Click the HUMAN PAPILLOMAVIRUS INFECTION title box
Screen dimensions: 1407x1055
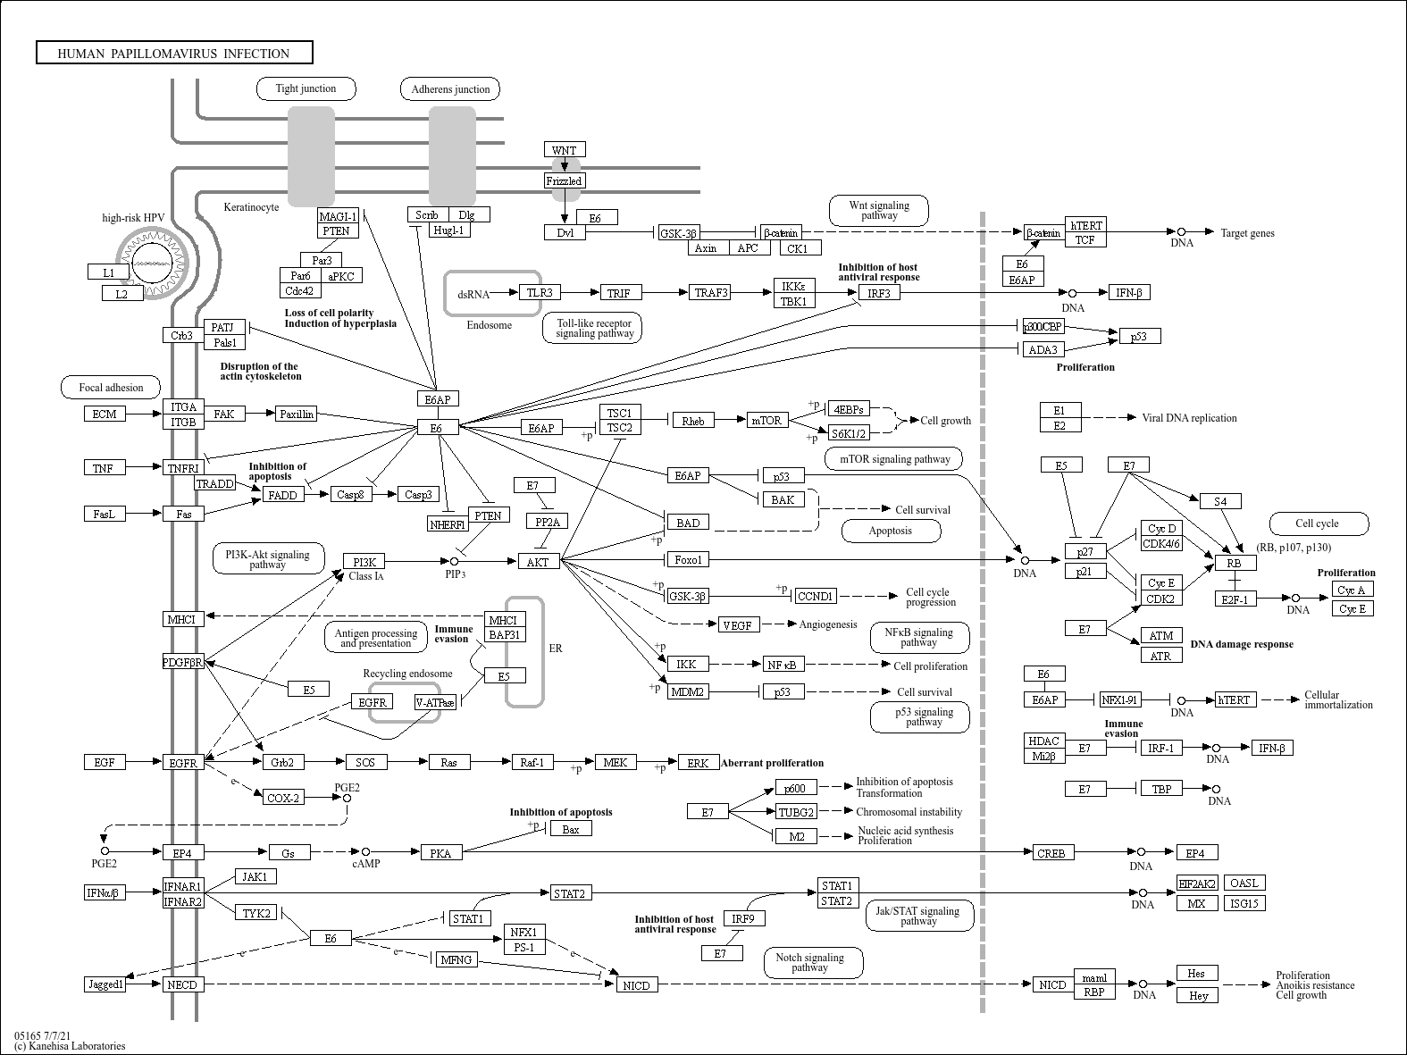click(x=174, y=53)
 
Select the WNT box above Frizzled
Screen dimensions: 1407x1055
click(x=564, y=150)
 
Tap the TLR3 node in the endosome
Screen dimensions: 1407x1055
click(x=539, y=292)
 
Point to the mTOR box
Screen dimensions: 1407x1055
click(x=767, y=421)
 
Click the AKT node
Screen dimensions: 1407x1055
click(x=538, y=562)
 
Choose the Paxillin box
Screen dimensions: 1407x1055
click(x=297, y=414)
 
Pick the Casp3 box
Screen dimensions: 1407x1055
click(x=418, y=494)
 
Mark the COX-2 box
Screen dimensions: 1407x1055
click(x=282, y=798)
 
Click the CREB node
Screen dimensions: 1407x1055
click(x=1051, y=853)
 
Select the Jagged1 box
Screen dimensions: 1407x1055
click(x=105, y=984)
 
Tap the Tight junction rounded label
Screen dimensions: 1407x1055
click(x=306, y=88)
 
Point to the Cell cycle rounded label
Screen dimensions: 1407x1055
click(x=1319, y=523)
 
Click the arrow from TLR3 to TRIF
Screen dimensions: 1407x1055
click(x=580, y=293)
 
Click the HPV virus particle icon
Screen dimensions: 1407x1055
click(x=152, y=263)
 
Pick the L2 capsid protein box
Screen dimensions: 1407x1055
click(x=121, y=294)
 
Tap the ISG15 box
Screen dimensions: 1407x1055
click(x=1244, y=903)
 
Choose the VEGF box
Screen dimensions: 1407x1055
click(x=738, y=625)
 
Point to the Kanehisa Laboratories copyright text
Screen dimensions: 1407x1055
click(x=70, y=1046)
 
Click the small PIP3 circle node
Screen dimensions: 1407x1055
click(x=455, y=562)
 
